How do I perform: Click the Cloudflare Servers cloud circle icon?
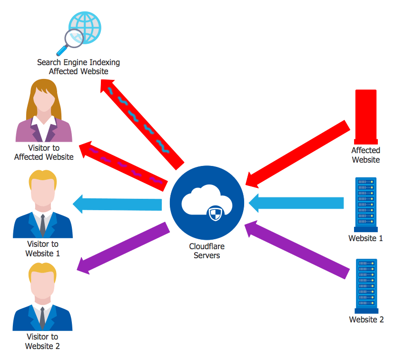point(207,203)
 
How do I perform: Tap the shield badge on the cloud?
point(215,214)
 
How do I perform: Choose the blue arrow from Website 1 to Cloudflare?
point(295,203)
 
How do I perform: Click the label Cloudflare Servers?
point(207,251)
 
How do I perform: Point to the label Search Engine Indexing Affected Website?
point(79,67)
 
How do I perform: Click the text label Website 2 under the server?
point(366,320)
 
